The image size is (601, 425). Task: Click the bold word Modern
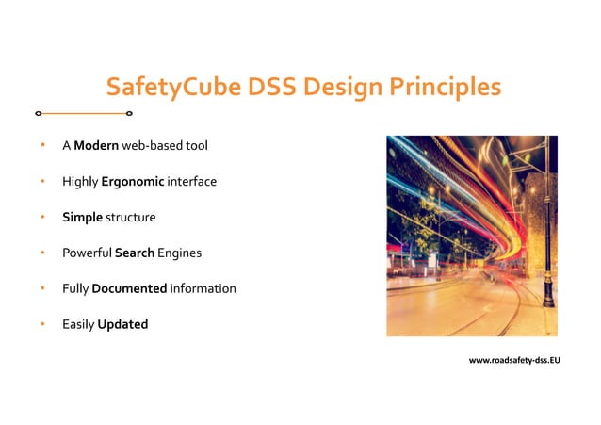click(x=95, y=146)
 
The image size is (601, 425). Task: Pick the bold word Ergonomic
click(x=133, y=182)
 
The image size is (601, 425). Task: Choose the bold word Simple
click(x=82, y=218)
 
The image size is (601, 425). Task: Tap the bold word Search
click(x=135, y=253)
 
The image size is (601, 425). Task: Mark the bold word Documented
click(x=129, y=288)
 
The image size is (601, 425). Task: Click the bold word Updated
click(x=122, y=324)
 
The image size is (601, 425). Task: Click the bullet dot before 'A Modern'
click(x=41, y=146)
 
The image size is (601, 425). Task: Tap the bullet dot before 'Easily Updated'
click(x=41, y=324)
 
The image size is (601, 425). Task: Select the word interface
click(x=192, y=182)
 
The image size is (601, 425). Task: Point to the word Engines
click(x=180, y=253)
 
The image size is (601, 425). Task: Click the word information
click(x=203, y=288)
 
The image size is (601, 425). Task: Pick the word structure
click(x=130, y=218)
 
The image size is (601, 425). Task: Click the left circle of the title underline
click(x=38, y=114)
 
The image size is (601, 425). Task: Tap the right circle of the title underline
click(x=129, y=114)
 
